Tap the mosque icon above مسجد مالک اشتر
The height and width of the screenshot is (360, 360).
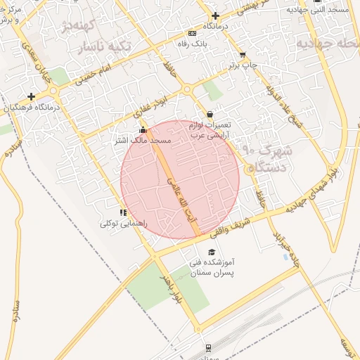coord(143,130)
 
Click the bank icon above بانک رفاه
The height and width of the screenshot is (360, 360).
coord(192,33)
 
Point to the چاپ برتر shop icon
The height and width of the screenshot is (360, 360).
coord(243,55)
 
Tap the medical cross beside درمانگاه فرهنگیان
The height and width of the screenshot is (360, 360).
coord(31,96)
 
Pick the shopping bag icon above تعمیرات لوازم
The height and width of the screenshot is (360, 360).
coord(210,115)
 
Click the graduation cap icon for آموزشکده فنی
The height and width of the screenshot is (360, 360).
coord(211,252)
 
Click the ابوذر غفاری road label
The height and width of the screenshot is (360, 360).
coord(150,106)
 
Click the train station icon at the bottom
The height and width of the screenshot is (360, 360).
coord(208,347)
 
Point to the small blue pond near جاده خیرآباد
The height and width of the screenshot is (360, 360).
coord(285,257)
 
